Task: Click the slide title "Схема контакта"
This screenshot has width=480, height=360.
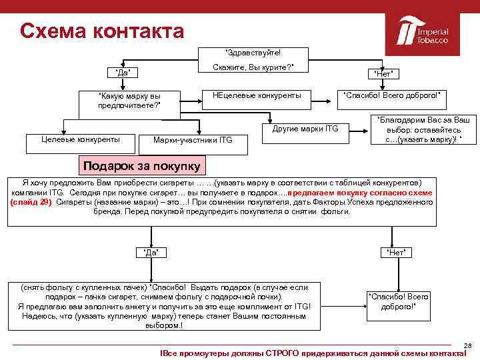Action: click(101, 31)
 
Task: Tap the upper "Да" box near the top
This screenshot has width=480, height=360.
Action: click(123, 72)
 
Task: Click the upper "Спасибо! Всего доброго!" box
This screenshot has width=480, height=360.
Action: click(391, 96)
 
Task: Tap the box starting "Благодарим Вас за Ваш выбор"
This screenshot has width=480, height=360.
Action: click(423, 129)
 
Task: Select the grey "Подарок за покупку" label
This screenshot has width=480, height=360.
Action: click(140, 165)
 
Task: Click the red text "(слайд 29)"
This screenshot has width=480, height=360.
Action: click(31, 201)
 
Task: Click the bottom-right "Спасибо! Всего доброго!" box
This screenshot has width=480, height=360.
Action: click(397, 301)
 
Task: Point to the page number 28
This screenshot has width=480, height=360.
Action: click(467, 345)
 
